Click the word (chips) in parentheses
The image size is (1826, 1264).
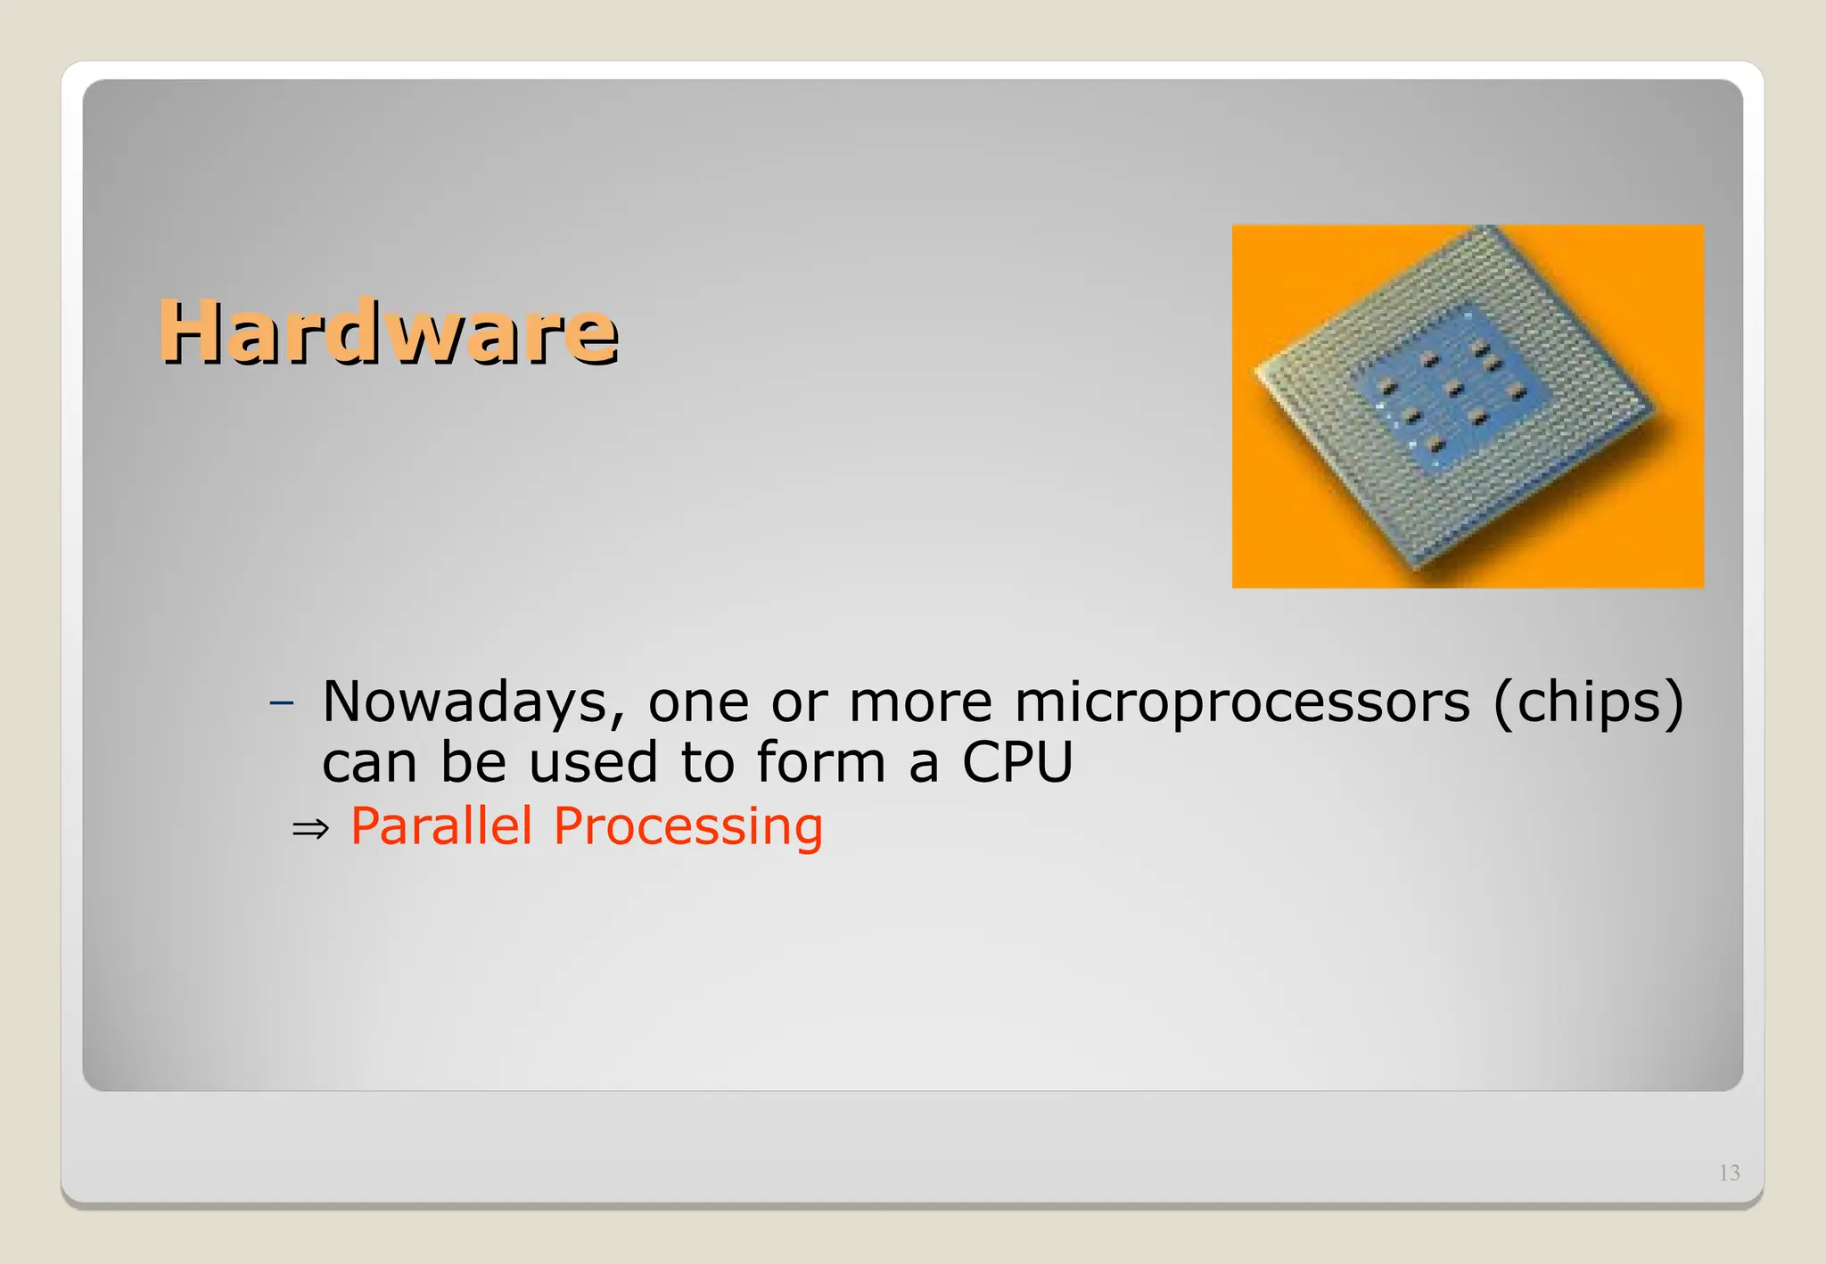(x=1589, y=702)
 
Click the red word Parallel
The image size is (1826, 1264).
(x=441, y=825)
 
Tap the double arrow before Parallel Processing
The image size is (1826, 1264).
(x=310, y=829)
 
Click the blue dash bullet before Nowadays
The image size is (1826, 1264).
(x=282, y=703)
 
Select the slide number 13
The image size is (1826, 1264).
(x=1729, y=1172)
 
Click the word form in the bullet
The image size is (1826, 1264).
(x=820, y=763)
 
